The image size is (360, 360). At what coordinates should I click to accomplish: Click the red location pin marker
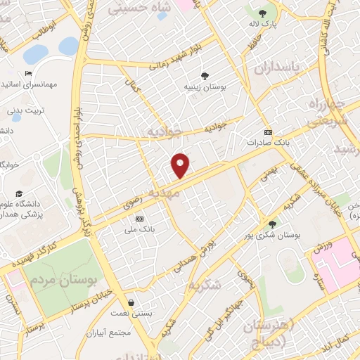(x=181, y=165)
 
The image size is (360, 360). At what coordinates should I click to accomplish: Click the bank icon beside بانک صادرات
(x=267, y=131)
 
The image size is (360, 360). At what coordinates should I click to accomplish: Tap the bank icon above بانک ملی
(x=139, y=219)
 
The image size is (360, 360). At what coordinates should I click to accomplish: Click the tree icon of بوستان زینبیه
(x=204, y=75)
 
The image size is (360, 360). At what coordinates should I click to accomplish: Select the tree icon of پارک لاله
(x=262, y=13)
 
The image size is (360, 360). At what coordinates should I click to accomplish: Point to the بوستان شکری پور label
(x=278, y=236)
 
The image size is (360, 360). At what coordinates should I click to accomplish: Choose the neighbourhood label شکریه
(x=205, y=284)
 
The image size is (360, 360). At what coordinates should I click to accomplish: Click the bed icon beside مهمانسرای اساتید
(x=28, y=73)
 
